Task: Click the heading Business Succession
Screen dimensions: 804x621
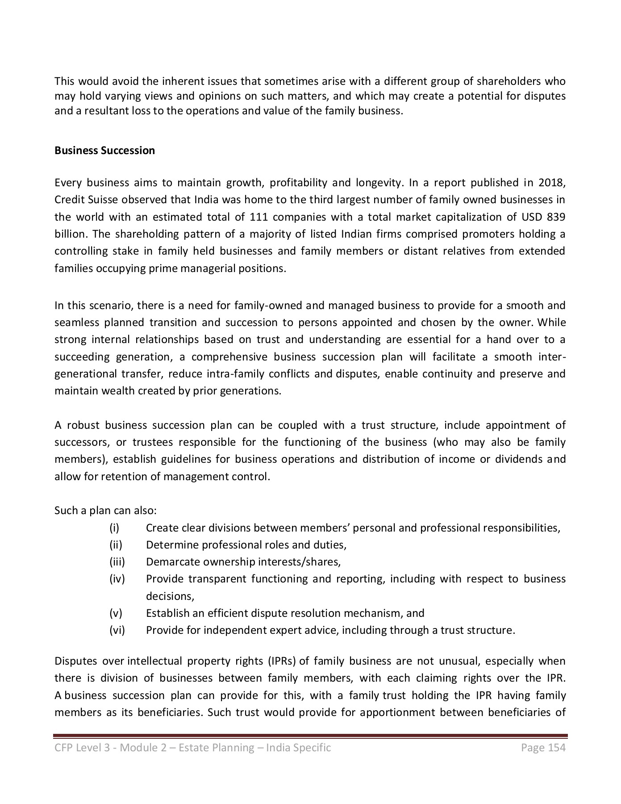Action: coord(104,151)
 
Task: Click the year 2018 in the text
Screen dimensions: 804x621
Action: coord(551,183)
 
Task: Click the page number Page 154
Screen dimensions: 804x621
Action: coord(543,748)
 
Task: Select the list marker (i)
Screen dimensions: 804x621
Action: coord(114,528)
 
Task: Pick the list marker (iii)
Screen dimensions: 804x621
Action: coord(117,562)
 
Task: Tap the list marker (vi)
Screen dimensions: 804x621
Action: coord(117,630)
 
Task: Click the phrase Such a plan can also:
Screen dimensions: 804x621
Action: coord(105,511)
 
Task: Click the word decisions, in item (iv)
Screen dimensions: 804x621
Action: coord(170,596)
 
